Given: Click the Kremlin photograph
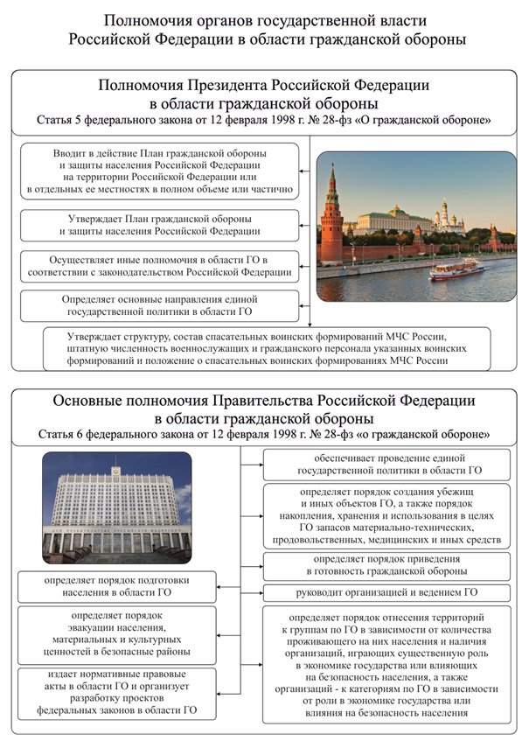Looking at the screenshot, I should [415, 226].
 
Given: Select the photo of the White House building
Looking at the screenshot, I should [116, 507].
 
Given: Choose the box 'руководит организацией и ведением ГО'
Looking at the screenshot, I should [386, 592].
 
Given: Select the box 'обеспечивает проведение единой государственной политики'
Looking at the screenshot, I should [386, 465].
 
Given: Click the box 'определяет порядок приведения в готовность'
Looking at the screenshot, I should [386, 563].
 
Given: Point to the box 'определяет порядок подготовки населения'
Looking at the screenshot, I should [117, 586].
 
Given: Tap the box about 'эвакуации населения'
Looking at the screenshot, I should [117, 633].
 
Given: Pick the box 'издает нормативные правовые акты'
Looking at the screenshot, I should [117, 694].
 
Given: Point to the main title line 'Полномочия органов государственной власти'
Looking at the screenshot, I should [265, 20].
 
